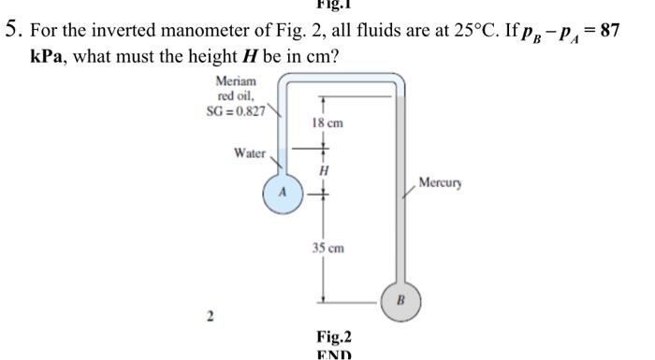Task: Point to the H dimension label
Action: click(324, 171)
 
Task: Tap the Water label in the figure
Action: click(250, 152)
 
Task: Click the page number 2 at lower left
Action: click(211, 318)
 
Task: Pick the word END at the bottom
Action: click(333, 355)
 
